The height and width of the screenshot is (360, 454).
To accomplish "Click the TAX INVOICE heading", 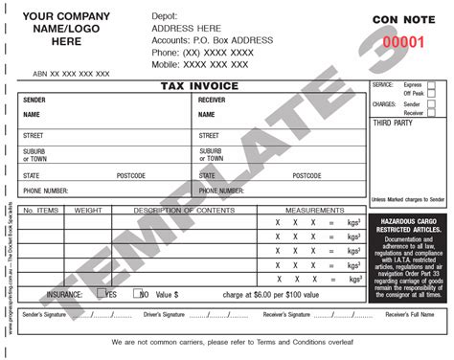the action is tap(192, 86).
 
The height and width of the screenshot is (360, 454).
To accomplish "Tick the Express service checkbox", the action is tap(432, 86).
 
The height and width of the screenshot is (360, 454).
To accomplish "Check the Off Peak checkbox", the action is tap(432, 95).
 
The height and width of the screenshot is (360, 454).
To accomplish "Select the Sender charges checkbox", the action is tap(432, 103).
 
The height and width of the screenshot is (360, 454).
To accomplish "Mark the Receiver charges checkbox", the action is tap(432, 113).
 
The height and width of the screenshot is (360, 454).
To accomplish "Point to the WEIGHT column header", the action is tap(88, 210).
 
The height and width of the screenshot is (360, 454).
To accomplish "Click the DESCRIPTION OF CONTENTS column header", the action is tap(183, 210).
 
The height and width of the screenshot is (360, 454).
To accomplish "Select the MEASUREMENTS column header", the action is tap(308, 210).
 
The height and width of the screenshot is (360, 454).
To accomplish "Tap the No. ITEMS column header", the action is tap(41, 210).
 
